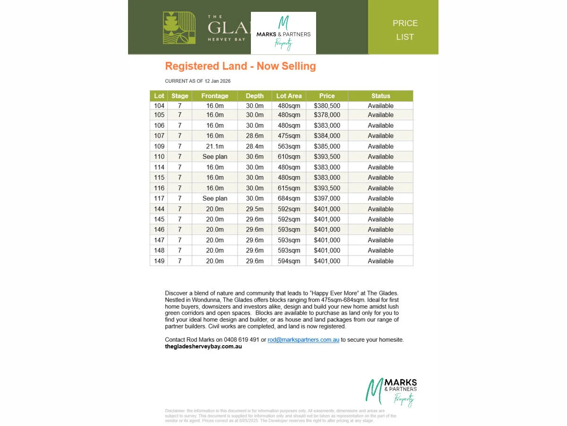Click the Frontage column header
pyautogui.click(x=215, y=96)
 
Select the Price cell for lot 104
pyautogui.click(x=326, y=106)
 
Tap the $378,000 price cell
pyautogui.click(x=326, y=115)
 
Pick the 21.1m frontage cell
pyautogui.click(x=215, y=146)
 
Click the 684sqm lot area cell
pyautogui.click(x=288, y=198)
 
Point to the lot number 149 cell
pyautogui.click(x=159, y=261)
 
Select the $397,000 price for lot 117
pyautogui.click(x=326, y=198)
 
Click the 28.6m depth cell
pyautogui.click(x=254, y=136)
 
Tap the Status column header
pyautogui.click(x=380, y=96)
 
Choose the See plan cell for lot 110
pyautogui.click(x=215, y=157)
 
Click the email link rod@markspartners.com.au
pyautogui.click(x=303, y=340)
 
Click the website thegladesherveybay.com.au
pyautogui.click(x=203, y=346)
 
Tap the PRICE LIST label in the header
pyautogui.click(x=405, y=30)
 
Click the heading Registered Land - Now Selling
pyautogui.click(x=240, y=66)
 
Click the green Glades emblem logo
pyautogui.click(x=179, y=28)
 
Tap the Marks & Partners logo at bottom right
pyautogui.click(x=392, y=391)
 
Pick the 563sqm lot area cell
pyautogui.click(x=288, y=146)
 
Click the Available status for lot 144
pyautogui.click(x=380, y=209)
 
